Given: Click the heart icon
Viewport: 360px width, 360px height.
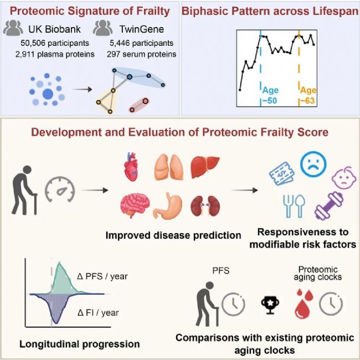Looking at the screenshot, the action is (x=131, y=167).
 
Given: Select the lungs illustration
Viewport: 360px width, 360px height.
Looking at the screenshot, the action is (x=169, y=167).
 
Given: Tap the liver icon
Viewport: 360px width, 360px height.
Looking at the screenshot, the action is (x=205, y=167).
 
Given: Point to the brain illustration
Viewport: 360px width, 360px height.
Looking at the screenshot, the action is (x=135, y=205).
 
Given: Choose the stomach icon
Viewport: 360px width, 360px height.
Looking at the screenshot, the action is (x=168, y=205).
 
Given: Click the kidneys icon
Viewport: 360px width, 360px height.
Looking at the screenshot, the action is (x=205, y=205).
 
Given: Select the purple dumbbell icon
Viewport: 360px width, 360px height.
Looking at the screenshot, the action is (x=329, y=206).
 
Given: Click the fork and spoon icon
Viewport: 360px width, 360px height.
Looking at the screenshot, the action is (x=294, y=206).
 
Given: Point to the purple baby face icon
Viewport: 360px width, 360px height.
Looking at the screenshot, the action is (x=344, y=178).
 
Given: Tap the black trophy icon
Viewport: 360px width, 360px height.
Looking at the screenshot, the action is (x=270, y=305).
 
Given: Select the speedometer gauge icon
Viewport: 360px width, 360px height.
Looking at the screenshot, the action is (x=60, y=189).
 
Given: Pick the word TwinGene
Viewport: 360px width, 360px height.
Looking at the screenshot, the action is (x=142, y=29).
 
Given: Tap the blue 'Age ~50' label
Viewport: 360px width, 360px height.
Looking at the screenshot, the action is (x=270, y=95).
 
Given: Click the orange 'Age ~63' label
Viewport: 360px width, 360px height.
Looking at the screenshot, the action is (x=308, y=95).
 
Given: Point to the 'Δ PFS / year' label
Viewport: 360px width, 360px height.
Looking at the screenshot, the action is (x=102, y=276).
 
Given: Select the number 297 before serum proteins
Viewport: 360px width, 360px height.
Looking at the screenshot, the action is (x=114, y=54).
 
